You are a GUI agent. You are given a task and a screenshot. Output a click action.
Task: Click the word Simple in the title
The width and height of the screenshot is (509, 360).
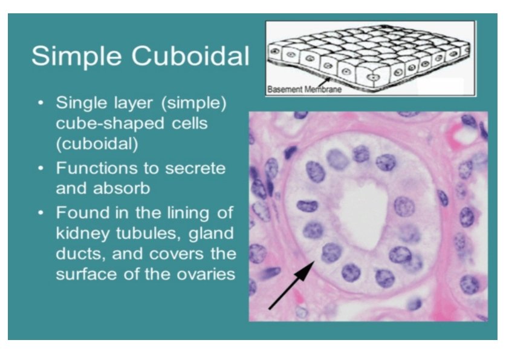(73, 56)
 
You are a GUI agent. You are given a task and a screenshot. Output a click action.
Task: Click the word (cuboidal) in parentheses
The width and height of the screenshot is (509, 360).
(97, 145)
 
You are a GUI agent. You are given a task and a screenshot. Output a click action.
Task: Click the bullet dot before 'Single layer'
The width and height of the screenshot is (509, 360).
(41, 103)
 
